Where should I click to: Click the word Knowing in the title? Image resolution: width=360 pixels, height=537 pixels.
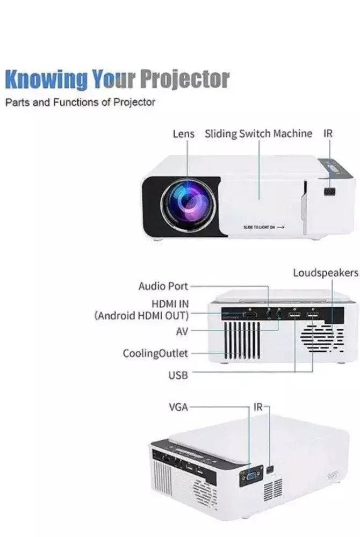pos(45,80)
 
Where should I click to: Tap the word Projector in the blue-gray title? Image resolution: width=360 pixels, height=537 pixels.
pos(184,80)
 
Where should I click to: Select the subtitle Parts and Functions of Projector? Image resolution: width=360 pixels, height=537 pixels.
pos(80,102)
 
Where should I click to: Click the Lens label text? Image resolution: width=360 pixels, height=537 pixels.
pos(183,133)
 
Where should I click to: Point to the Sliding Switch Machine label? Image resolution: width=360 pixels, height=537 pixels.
pos(258,133)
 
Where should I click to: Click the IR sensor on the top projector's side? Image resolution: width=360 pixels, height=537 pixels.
pos(329,191)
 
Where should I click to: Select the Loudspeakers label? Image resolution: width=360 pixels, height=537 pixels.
pos(325,273)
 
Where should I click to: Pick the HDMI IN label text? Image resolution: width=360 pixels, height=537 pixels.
pos(170,304)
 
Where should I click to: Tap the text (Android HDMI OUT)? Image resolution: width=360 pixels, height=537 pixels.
pos(142,315)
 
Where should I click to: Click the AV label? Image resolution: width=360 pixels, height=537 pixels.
pos(182,331)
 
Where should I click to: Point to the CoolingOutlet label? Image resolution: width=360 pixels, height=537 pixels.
pos(155,353)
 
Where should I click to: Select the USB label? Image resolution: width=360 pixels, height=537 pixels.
pos(178,375)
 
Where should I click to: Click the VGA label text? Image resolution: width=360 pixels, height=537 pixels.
pos(178,407)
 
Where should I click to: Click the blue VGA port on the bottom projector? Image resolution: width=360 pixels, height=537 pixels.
pos(250,475)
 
